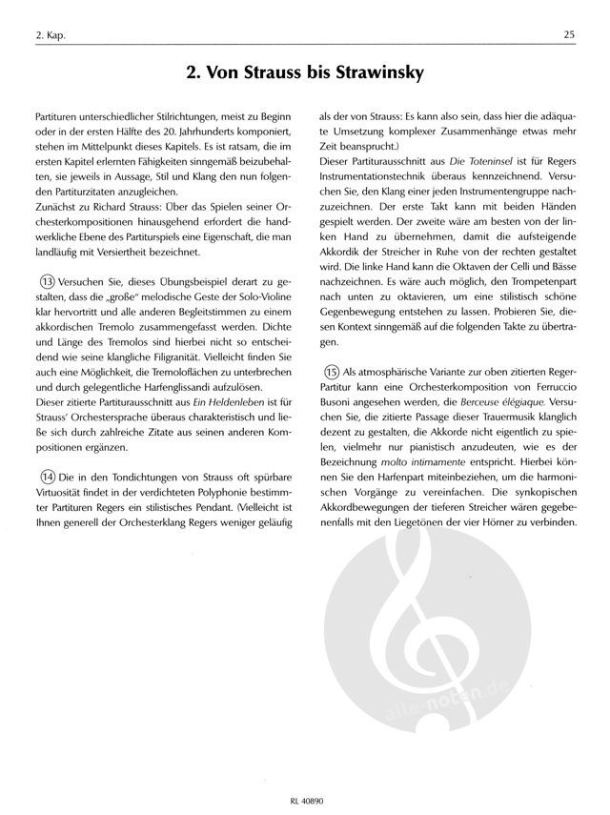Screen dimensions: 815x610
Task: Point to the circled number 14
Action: [43, 476]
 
